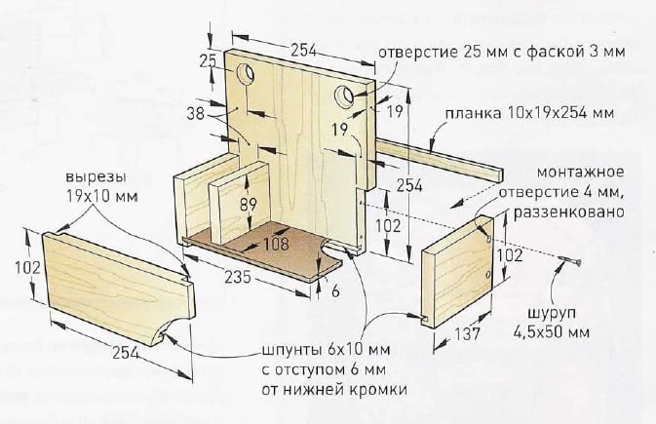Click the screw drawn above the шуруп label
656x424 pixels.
[569, 262]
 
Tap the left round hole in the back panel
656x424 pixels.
[246, 74]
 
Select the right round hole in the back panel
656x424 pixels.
[344, 96]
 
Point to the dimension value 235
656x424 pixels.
[238, 277]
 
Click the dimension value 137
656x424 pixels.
[467, 333]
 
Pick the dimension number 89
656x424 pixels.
[249, 205]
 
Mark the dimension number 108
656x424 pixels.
[276, 244]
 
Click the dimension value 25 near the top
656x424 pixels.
[208, 61]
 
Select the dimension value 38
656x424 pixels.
[196, 113]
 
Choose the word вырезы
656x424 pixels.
[96, 177]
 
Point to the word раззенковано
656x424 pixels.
[569, 212]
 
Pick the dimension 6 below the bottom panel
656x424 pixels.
[335, 290]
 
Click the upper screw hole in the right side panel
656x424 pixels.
[488, 238]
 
